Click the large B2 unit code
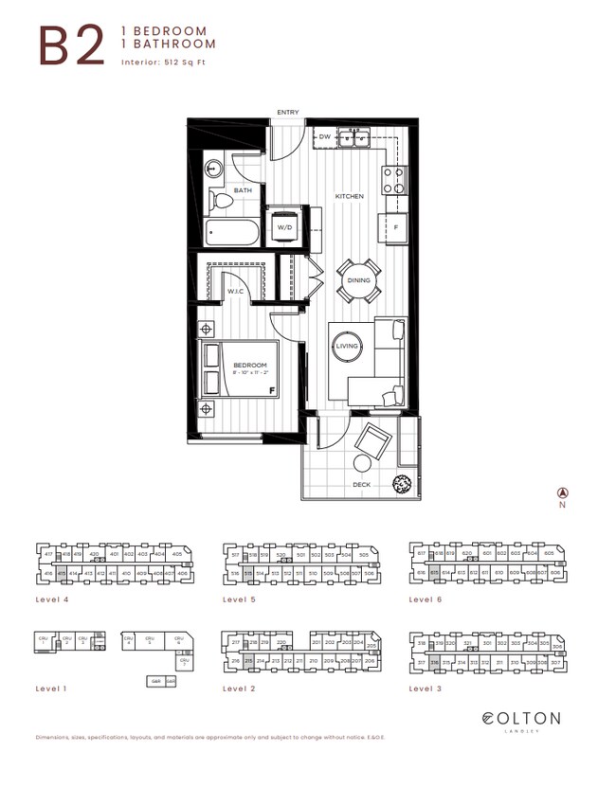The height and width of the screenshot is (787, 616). click(x=71, y=45)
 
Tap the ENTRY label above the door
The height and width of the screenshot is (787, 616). click(x=287, y=113)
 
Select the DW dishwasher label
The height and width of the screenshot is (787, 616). click(x=324, y=137)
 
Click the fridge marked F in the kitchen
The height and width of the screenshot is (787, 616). click(x=393, y=227)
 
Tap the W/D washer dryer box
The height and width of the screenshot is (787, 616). click(x=284, y=227)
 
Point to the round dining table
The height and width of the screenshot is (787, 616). click(x=358, y=279)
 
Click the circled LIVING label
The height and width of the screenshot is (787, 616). click(x=348, y=348)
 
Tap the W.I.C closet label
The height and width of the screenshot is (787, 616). click(x=236, y=291)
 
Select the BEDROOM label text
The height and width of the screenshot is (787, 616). click(x=251, y=366)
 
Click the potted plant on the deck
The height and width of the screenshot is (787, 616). click(x=403, y=482)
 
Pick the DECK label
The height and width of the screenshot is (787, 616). click(x=361, y=485)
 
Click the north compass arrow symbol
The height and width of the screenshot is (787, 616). click(x=562, y=492)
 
